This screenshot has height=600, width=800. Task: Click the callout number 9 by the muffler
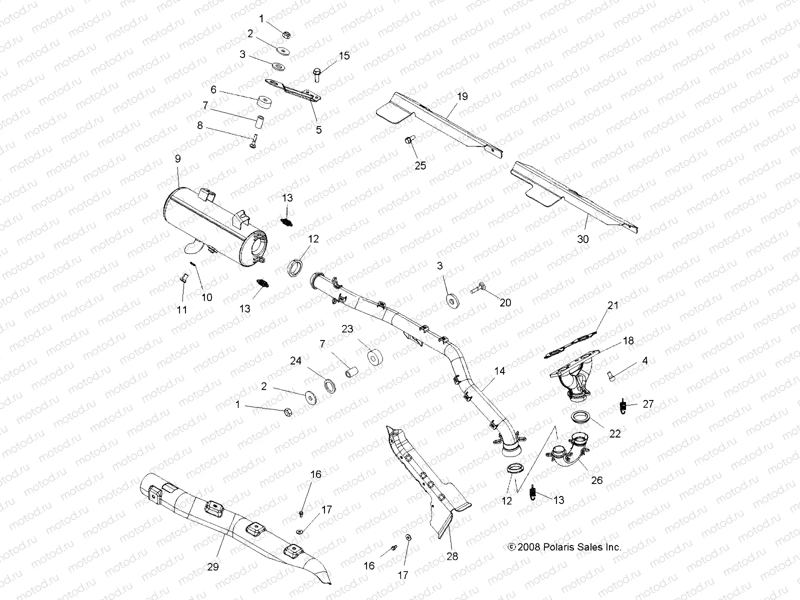[178, 172]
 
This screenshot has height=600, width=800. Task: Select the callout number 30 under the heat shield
[583, 239]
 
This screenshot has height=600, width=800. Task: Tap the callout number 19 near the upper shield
[462, 96]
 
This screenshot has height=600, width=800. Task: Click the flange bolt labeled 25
[407, 141]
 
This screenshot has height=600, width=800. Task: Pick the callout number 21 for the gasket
[613, 305]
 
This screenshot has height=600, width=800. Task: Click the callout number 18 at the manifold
[628, 340]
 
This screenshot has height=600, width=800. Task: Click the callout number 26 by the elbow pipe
[596, 480]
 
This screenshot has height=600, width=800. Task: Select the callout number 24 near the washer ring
[296, 360]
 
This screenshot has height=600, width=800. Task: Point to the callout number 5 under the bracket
[318, 130]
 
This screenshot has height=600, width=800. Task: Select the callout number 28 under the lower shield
[452, 556]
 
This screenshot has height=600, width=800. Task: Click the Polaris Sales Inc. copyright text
[564, 547]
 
